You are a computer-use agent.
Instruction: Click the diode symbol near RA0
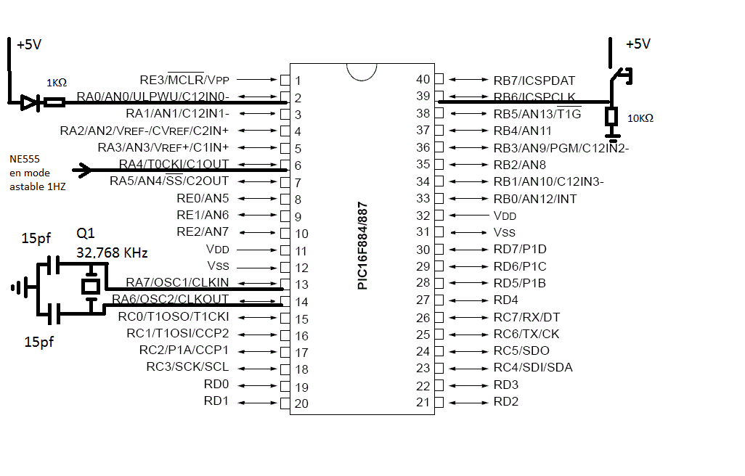click(29, 103)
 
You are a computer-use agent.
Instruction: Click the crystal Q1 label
click(86, 234)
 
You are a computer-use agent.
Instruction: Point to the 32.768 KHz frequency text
click(112, 253)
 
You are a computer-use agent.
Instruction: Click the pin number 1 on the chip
click(298, 81)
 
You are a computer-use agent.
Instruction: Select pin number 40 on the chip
click(423, 79)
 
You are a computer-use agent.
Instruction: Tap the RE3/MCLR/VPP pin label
click(184, 79)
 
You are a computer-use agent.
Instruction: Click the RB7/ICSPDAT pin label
click(534, 80)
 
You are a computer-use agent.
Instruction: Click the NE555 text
click(25, 159)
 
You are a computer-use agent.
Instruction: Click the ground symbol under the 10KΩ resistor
click(612, 134)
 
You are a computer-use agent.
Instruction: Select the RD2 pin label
click(506, 402)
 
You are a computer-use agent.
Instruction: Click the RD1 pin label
click(216, 402)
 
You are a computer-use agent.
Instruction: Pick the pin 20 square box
click(285, 403)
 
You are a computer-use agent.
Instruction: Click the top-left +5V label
click(29, 45)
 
